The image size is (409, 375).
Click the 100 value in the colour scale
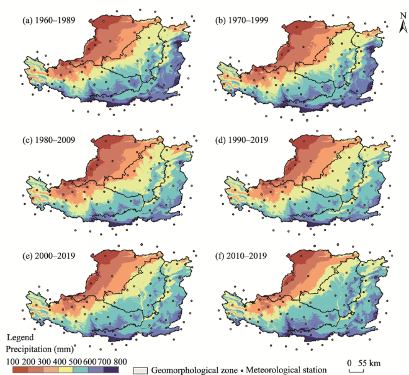tap(13, 361)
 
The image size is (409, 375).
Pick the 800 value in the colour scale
tap(120, 361)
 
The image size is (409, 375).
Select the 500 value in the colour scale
tap(74, 361)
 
